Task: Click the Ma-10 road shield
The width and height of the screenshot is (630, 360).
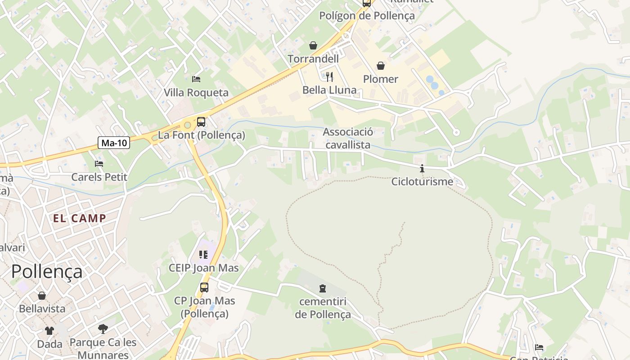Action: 114,143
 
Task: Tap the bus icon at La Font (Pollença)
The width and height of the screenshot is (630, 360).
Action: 201,121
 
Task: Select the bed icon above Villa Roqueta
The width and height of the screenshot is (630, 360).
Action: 196,79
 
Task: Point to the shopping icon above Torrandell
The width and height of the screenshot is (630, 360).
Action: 313,45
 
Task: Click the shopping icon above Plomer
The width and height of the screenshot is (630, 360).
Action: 381,66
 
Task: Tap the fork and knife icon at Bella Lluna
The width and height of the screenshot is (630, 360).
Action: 329,76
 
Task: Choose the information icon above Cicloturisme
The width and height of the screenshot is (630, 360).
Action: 422,169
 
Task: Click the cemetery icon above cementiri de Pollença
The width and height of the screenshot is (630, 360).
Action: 323,288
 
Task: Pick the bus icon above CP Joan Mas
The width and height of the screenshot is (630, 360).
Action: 204,287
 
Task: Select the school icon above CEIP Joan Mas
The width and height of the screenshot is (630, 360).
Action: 203,255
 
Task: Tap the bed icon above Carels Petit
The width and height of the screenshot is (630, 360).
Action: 99,164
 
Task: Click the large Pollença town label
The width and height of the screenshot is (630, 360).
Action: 47,272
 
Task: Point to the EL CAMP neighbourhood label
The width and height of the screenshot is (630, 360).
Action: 80,219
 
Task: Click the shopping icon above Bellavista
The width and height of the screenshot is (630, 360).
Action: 42,296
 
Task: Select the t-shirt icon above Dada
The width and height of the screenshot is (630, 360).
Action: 49,331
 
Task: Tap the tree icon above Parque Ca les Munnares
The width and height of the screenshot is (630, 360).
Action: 103,328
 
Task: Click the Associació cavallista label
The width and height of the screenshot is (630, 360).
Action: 348,138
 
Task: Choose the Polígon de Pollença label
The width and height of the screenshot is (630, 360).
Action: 367,16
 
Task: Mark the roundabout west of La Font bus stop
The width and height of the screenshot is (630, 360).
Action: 187,126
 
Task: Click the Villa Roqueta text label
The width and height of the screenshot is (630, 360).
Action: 196,93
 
